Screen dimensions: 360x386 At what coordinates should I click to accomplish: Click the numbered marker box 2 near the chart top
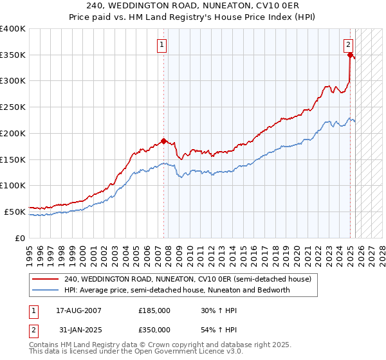pyautogui.click(x=347, y=45)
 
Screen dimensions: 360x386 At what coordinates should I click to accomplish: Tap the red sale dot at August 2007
pyautogui.click(x=163, y=141)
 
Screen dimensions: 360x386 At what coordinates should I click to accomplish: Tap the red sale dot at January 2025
pyautogui.click(x=350, y=55)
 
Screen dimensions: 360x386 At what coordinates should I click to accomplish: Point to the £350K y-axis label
pyautogui.click(x=13, y=55)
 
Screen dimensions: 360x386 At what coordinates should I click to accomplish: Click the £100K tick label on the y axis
pyautogui.click(x=13, y=185)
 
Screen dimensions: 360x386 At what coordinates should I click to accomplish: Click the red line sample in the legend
pyautogui.click(x=45, y=279)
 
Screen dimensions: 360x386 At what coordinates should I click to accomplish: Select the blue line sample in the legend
pyautogui.click(x=45, y=290)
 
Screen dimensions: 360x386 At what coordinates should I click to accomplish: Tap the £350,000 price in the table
pyautogui.click(x=154, y=330)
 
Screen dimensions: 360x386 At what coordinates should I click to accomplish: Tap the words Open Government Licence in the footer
pyautogui.click(x=167, y=353)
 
